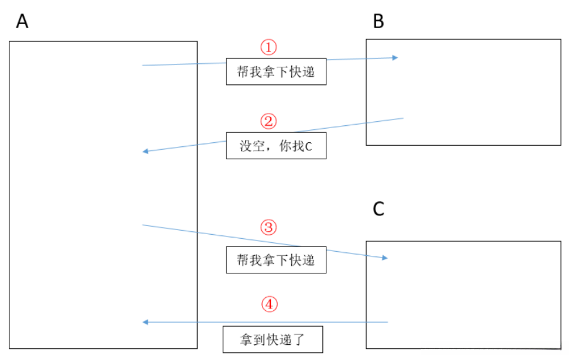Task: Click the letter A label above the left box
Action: click(22, 22)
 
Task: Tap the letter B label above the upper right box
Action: click(379, 22)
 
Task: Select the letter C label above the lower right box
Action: click(379, 209)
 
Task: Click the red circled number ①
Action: click(268, 47)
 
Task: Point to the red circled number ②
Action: click(268, 122)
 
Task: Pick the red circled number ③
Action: click(268, 227)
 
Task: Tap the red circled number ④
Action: click(268, 304)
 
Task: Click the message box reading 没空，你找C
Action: click(276, 146)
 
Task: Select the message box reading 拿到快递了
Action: click(273, 340)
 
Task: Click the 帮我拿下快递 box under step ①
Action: click(276, 72)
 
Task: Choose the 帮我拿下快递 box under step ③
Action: click(276, 260)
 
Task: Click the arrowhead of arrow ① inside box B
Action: click(395, 57)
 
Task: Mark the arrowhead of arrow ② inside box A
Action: click(146, 152)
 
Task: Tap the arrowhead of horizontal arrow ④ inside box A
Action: click(146, 322)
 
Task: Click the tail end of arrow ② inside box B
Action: click(403, 118)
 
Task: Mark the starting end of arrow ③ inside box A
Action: click(143, 225)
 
